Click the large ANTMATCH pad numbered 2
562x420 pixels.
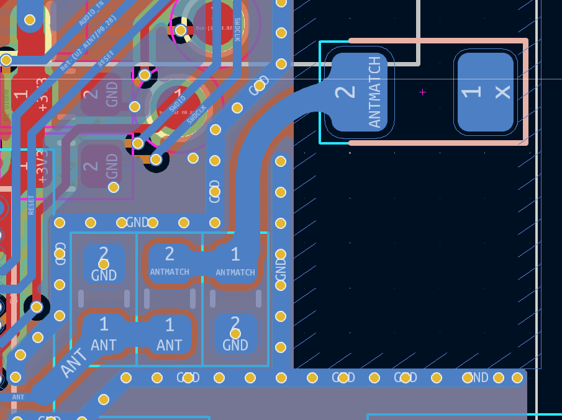[359, 93]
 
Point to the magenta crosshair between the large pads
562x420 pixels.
[423, 92]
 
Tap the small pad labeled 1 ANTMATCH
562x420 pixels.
[235, 262]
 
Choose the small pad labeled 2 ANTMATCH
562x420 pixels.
[170, 262]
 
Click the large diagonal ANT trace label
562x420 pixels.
[74, 363]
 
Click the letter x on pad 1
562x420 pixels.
[502, 92]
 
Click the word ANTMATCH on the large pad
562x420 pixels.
[374, 92]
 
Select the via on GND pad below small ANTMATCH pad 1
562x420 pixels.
[235, 334]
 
